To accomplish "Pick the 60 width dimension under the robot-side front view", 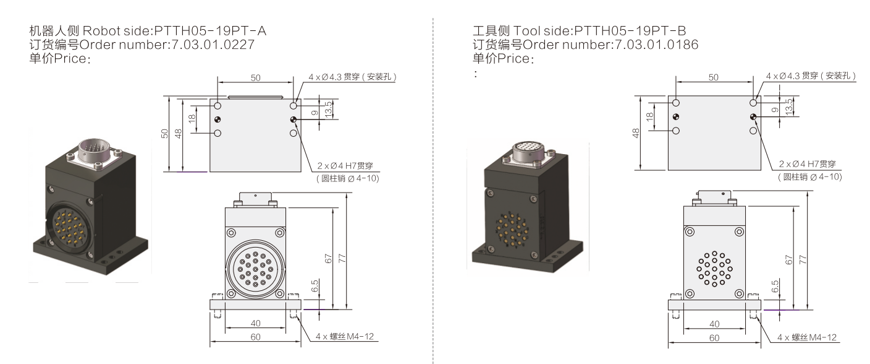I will click(255, 337).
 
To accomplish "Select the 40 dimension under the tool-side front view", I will click(714, 323).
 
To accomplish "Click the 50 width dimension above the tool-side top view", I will click(713, 77).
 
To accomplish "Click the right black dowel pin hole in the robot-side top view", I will click(294, 119).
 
